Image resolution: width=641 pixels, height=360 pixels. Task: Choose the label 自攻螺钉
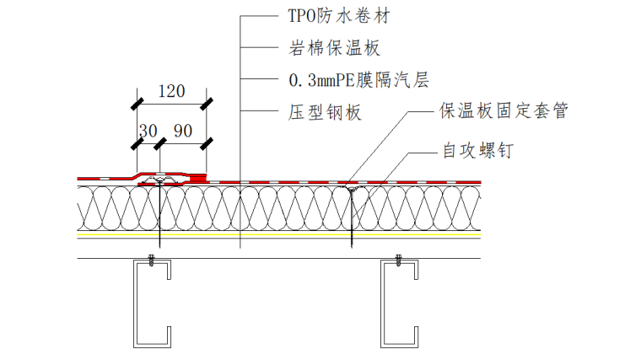(x=477, y=152)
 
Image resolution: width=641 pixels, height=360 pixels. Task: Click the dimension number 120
(x=171, y=92)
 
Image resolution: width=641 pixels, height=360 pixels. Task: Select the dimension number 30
(x=148, y=131)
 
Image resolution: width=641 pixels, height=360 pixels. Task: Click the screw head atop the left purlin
(x=151, y=258)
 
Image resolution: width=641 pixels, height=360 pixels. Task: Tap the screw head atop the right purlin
(x=396, y=258)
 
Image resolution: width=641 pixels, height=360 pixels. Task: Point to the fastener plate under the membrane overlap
(x=158, y=180)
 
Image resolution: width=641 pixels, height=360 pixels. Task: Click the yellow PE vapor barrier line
(x=278, y=235)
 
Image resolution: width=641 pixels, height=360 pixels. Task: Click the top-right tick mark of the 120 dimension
(x=206, y=105)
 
